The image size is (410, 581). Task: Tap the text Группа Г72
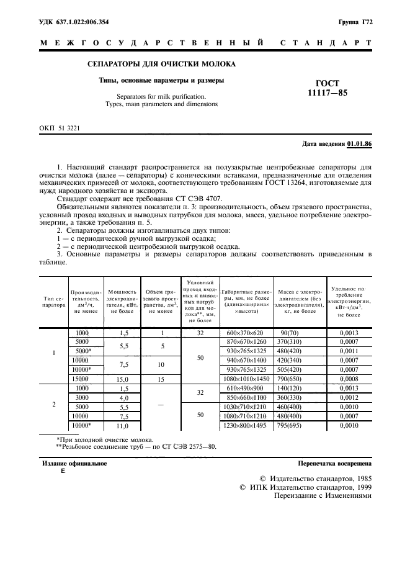[355, 22]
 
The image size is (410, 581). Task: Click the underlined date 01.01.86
[359, 144]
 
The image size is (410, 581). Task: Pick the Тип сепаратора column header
[54, 302]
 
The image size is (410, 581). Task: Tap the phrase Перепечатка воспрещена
[334, 463]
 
